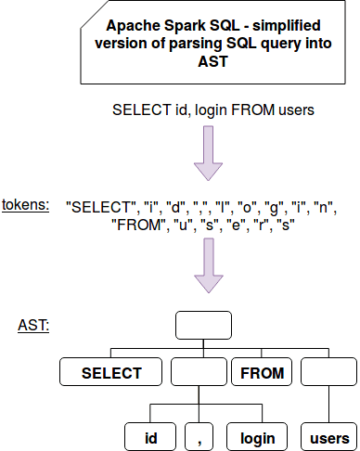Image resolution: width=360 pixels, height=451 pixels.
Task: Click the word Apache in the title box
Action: pyautogui.click(x=132, y=29)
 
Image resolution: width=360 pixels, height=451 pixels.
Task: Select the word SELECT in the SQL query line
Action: pyautogui.click(x=138, y=110)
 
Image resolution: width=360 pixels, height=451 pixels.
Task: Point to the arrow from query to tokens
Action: pyautogui.click(x=208, y=153)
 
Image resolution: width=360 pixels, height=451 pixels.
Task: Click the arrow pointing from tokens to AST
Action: pyautogui.click(x=208, y=272)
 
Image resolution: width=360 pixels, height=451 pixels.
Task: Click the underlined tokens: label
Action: pyautogui.click(x=26, y=204)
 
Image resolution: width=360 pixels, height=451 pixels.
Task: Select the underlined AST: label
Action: pyautogui.click(x=33, y=326)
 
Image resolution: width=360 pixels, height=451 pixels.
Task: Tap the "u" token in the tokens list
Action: pyautogui.click(x=185, y=225)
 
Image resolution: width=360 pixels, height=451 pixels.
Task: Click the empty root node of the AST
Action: pyautogui.click(x=202, y=326)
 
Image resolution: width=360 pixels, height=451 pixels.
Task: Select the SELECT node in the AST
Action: pyautogui.click(x=111, y=373)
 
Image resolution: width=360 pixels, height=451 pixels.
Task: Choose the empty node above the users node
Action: pyautogui.click(x=329, y=373)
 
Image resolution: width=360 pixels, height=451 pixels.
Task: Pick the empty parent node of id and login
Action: pyautogui.click(x=199, y=373)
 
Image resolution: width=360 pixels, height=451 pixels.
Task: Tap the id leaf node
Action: pyautogui.click(x=150, y=437)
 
